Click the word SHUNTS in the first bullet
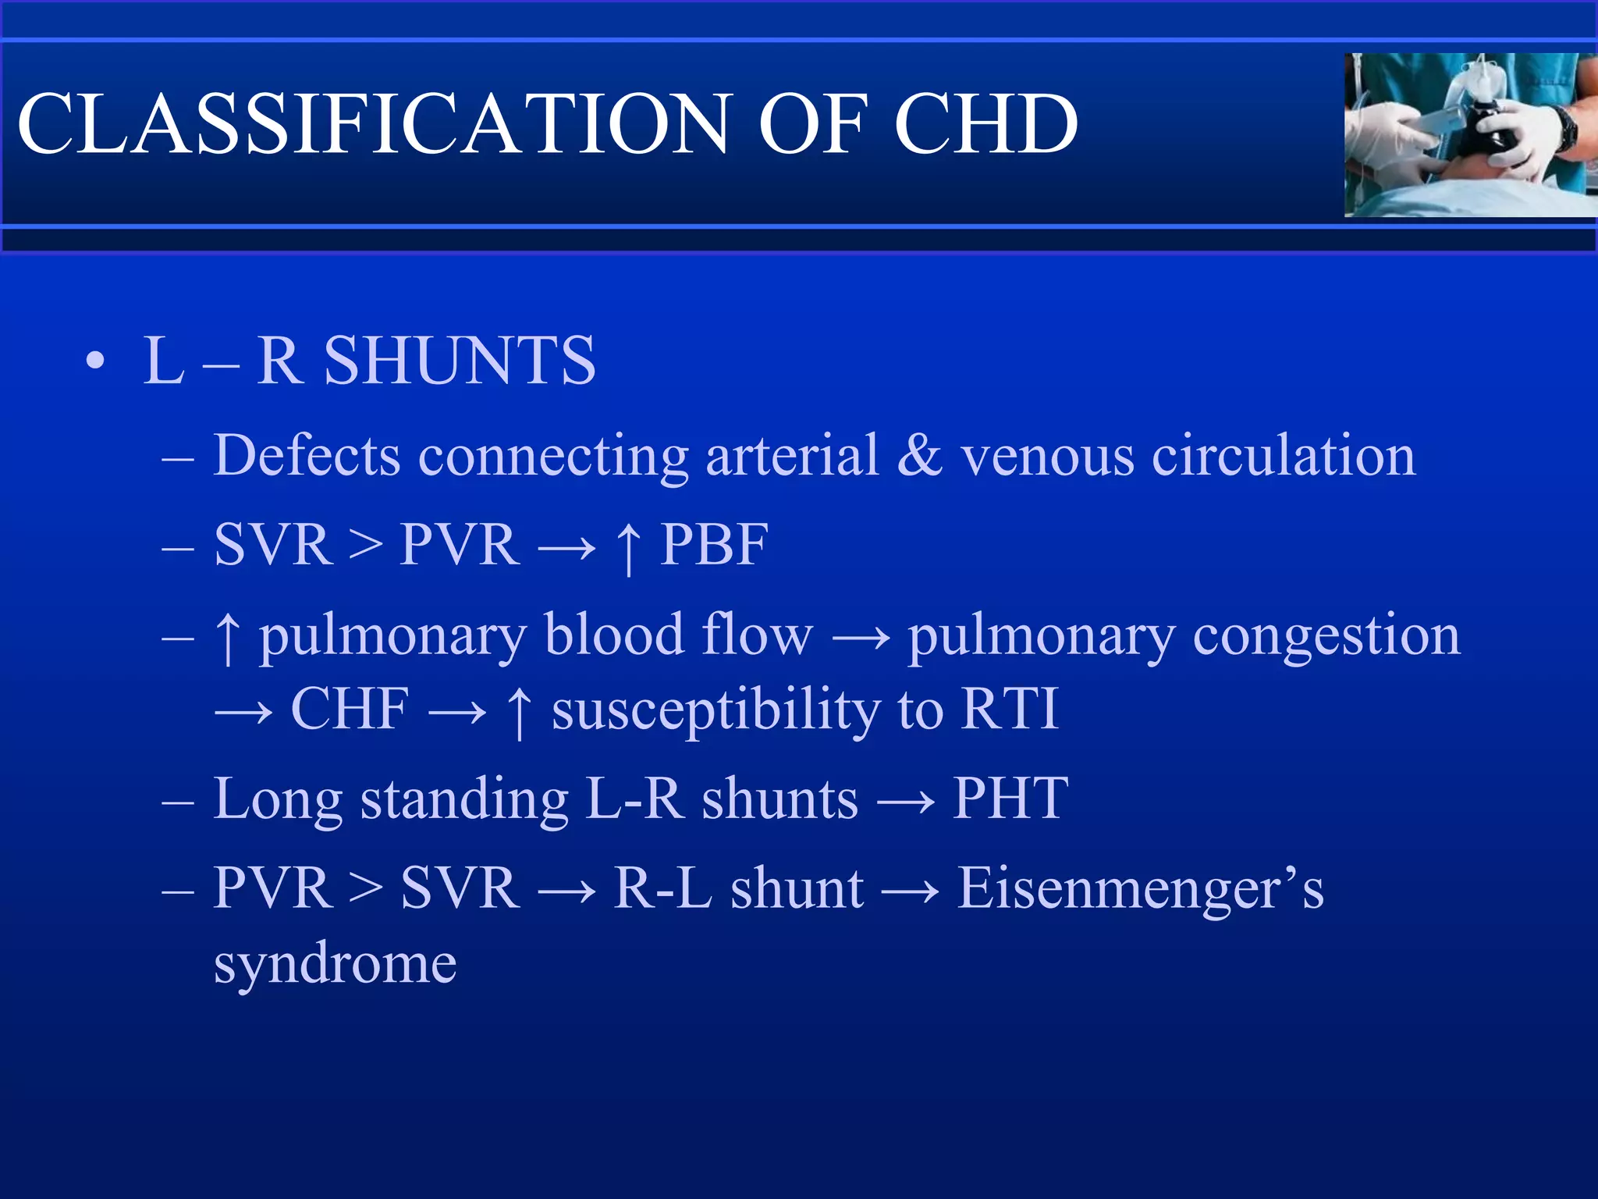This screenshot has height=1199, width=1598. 460,361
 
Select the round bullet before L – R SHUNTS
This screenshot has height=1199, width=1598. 95,361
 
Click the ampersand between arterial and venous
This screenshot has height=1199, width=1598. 919,455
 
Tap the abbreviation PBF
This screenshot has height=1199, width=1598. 714,544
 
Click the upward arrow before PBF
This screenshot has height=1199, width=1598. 629,546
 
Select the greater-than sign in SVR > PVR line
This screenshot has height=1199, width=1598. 365,544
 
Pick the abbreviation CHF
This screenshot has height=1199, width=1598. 350,709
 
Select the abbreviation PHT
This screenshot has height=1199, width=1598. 1010,798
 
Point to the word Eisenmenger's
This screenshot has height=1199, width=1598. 1140,888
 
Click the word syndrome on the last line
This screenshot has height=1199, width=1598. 336,965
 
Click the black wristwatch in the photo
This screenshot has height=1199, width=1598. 1564,128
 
